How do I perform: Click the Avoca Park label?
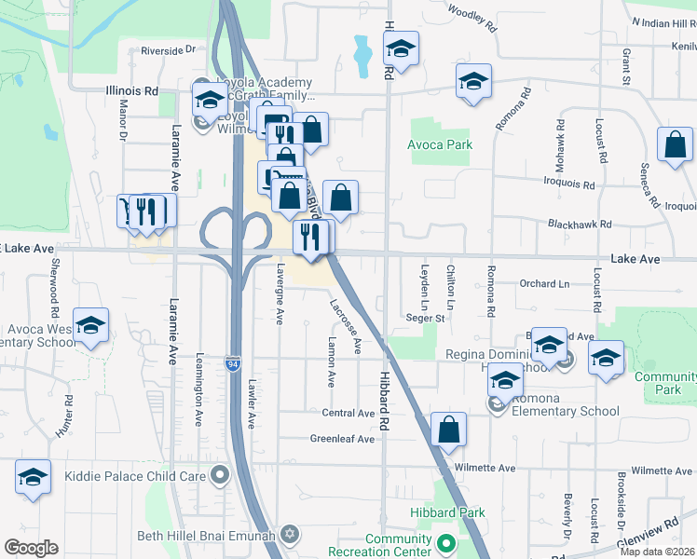(x=440, y=144)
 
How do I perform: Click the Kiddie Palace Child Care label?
(x=135, y=476)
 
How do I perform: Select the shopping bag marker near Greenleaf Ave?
(x=448, y=430)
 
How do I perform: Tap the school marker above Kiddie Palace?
(x=33, y=478)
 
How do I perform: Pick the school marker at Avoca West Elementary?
(x=91, y=326)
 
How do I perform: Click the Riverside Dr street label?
(x=169, y=50)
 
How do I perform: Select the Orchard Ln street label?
(x=544, y=283)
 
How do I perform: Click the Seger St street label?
(x=427, y=318)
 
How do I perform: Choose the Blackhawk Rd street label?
(x=580, y=225)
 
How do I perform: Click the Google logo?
(x=31, y=548)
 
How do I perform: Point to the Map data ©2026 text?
(x=658, y=552)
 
